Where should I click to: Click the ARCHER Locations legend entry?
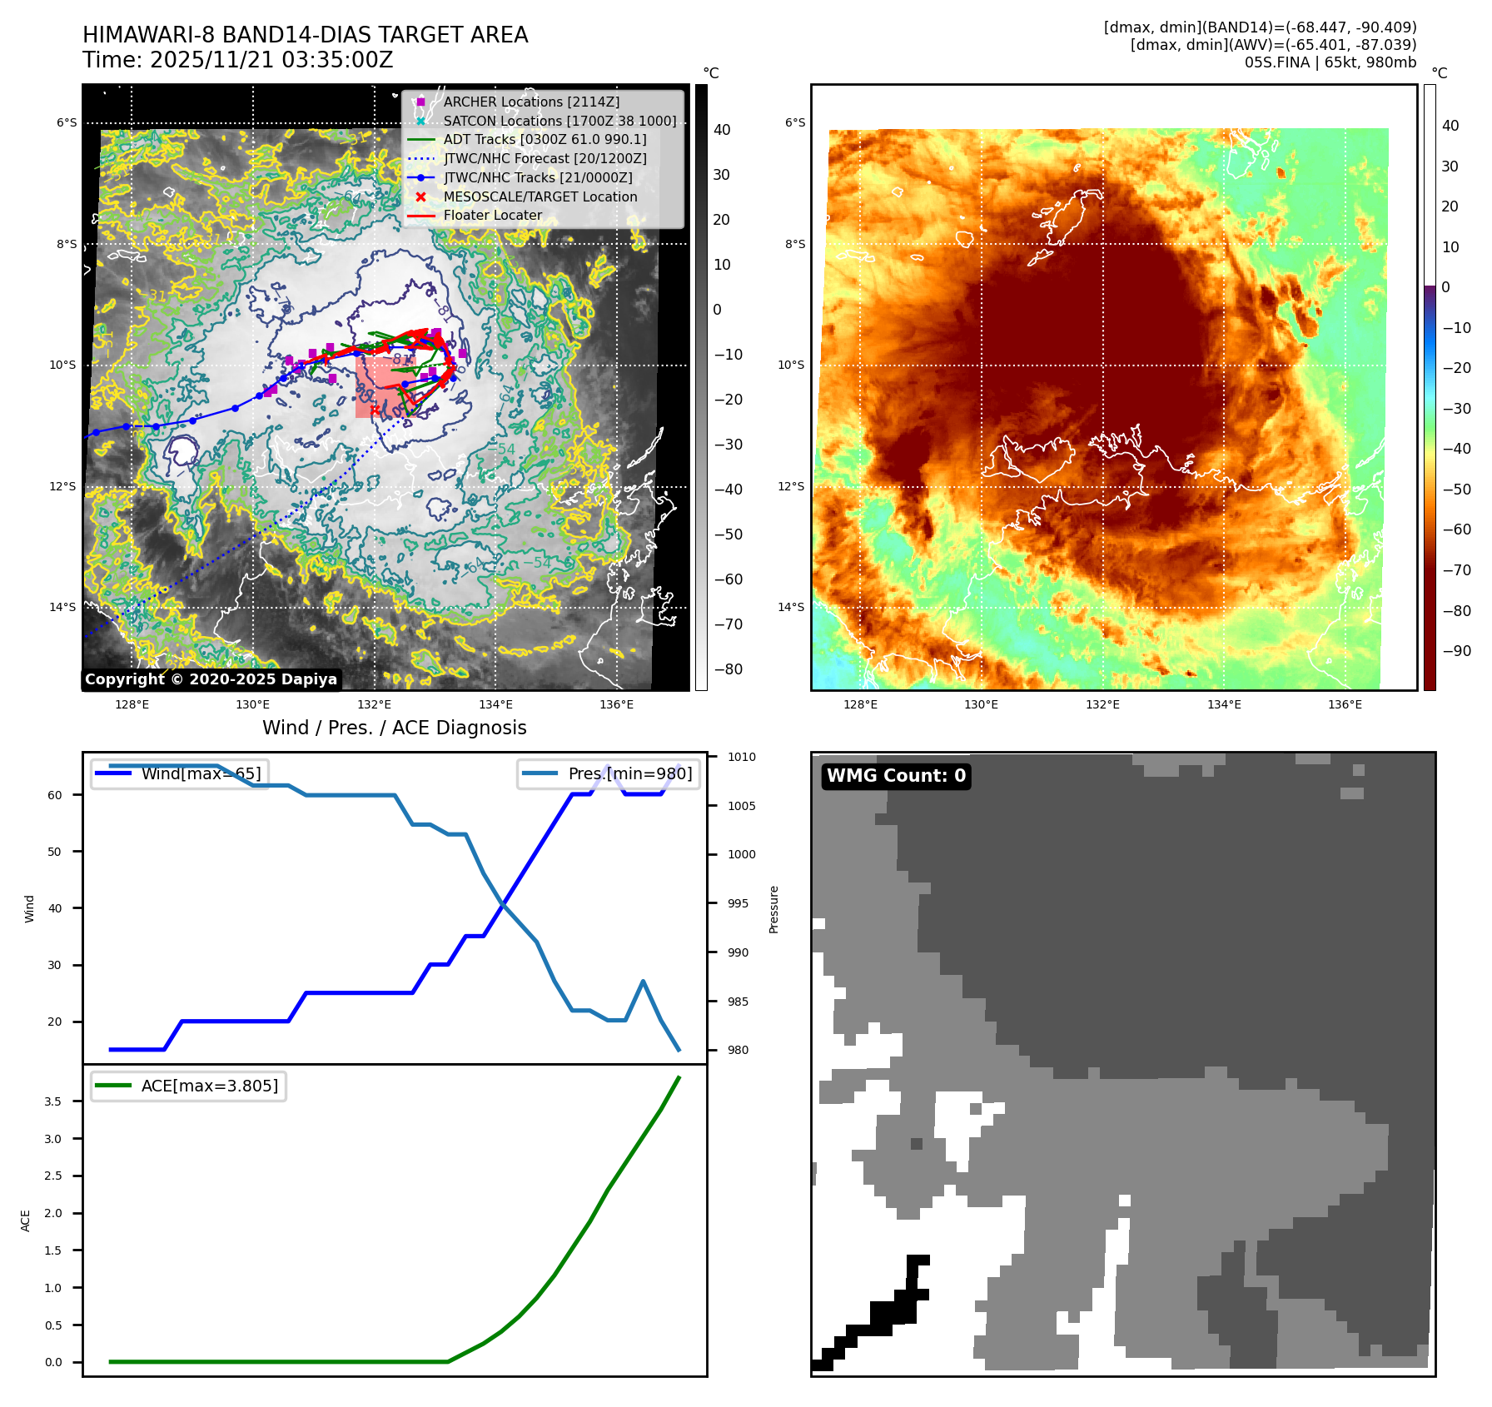[x=531, y=102]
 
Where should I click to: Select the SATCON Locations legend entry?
[x=559, y=121]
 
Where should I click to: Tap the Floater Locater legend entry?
[x=492, y=215]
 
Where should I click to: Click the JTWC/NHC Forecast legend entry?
[x=545, y=158]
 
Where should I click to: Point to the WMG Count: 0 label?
[x=896, y=776]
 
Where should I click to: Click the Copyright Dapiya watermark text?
[x=211, y=679]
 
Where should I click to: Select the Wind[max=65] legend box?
[x=180, y=773]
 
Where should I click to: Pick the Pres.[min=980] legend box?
[x=609, y=773]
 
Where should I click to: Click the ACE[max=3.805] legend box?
[x=189, y=1086]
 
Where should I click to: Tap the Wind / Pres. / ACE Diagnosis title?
[x=395, y=728]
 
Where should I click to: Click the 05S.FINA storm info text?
[x=1330, y=62]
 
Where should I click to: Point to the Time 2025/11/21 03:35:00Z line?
[x=237, y=60]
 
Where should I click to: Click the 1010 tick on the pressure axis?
[x=741, y=757]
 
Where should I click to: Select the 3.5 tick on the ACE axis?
[x=53, y=1101]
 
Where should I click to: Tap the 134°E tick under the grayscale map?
[x=495, y=704]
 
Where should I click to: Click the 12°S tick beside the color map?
[x=791, y=486]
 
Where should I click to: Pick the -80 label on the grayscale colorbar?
[x=728, y=669]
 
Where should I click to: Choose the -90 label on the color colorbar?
[x=1456, y=651]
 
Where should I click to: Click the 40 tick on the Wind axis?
[x=55, y=908]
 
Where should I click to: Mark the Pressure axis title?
[x=773, y=909]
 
